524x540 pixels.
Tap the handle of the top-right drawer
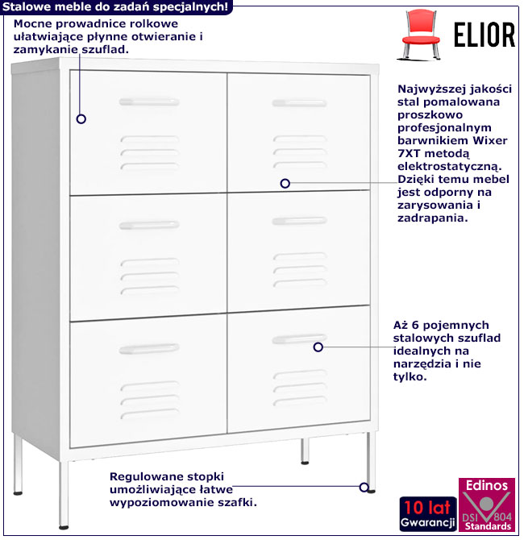click(296, 102)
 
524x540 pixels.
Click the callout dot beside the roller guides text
click(81, 118)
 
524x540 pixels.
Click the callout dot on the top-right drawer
click(285, 184)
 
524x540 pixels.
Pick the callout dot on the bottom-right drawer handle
click(318, 347)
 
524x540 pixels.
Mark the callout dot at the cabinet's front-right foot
click(364, 487)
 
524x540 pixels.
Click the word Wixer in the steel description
click(469, 139)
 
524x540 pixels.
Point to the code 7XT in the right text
click(410, 153)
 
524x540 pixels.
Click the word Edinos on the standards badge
click(486, 485)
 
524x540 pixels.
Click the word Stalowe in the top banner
click(25, 6)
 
